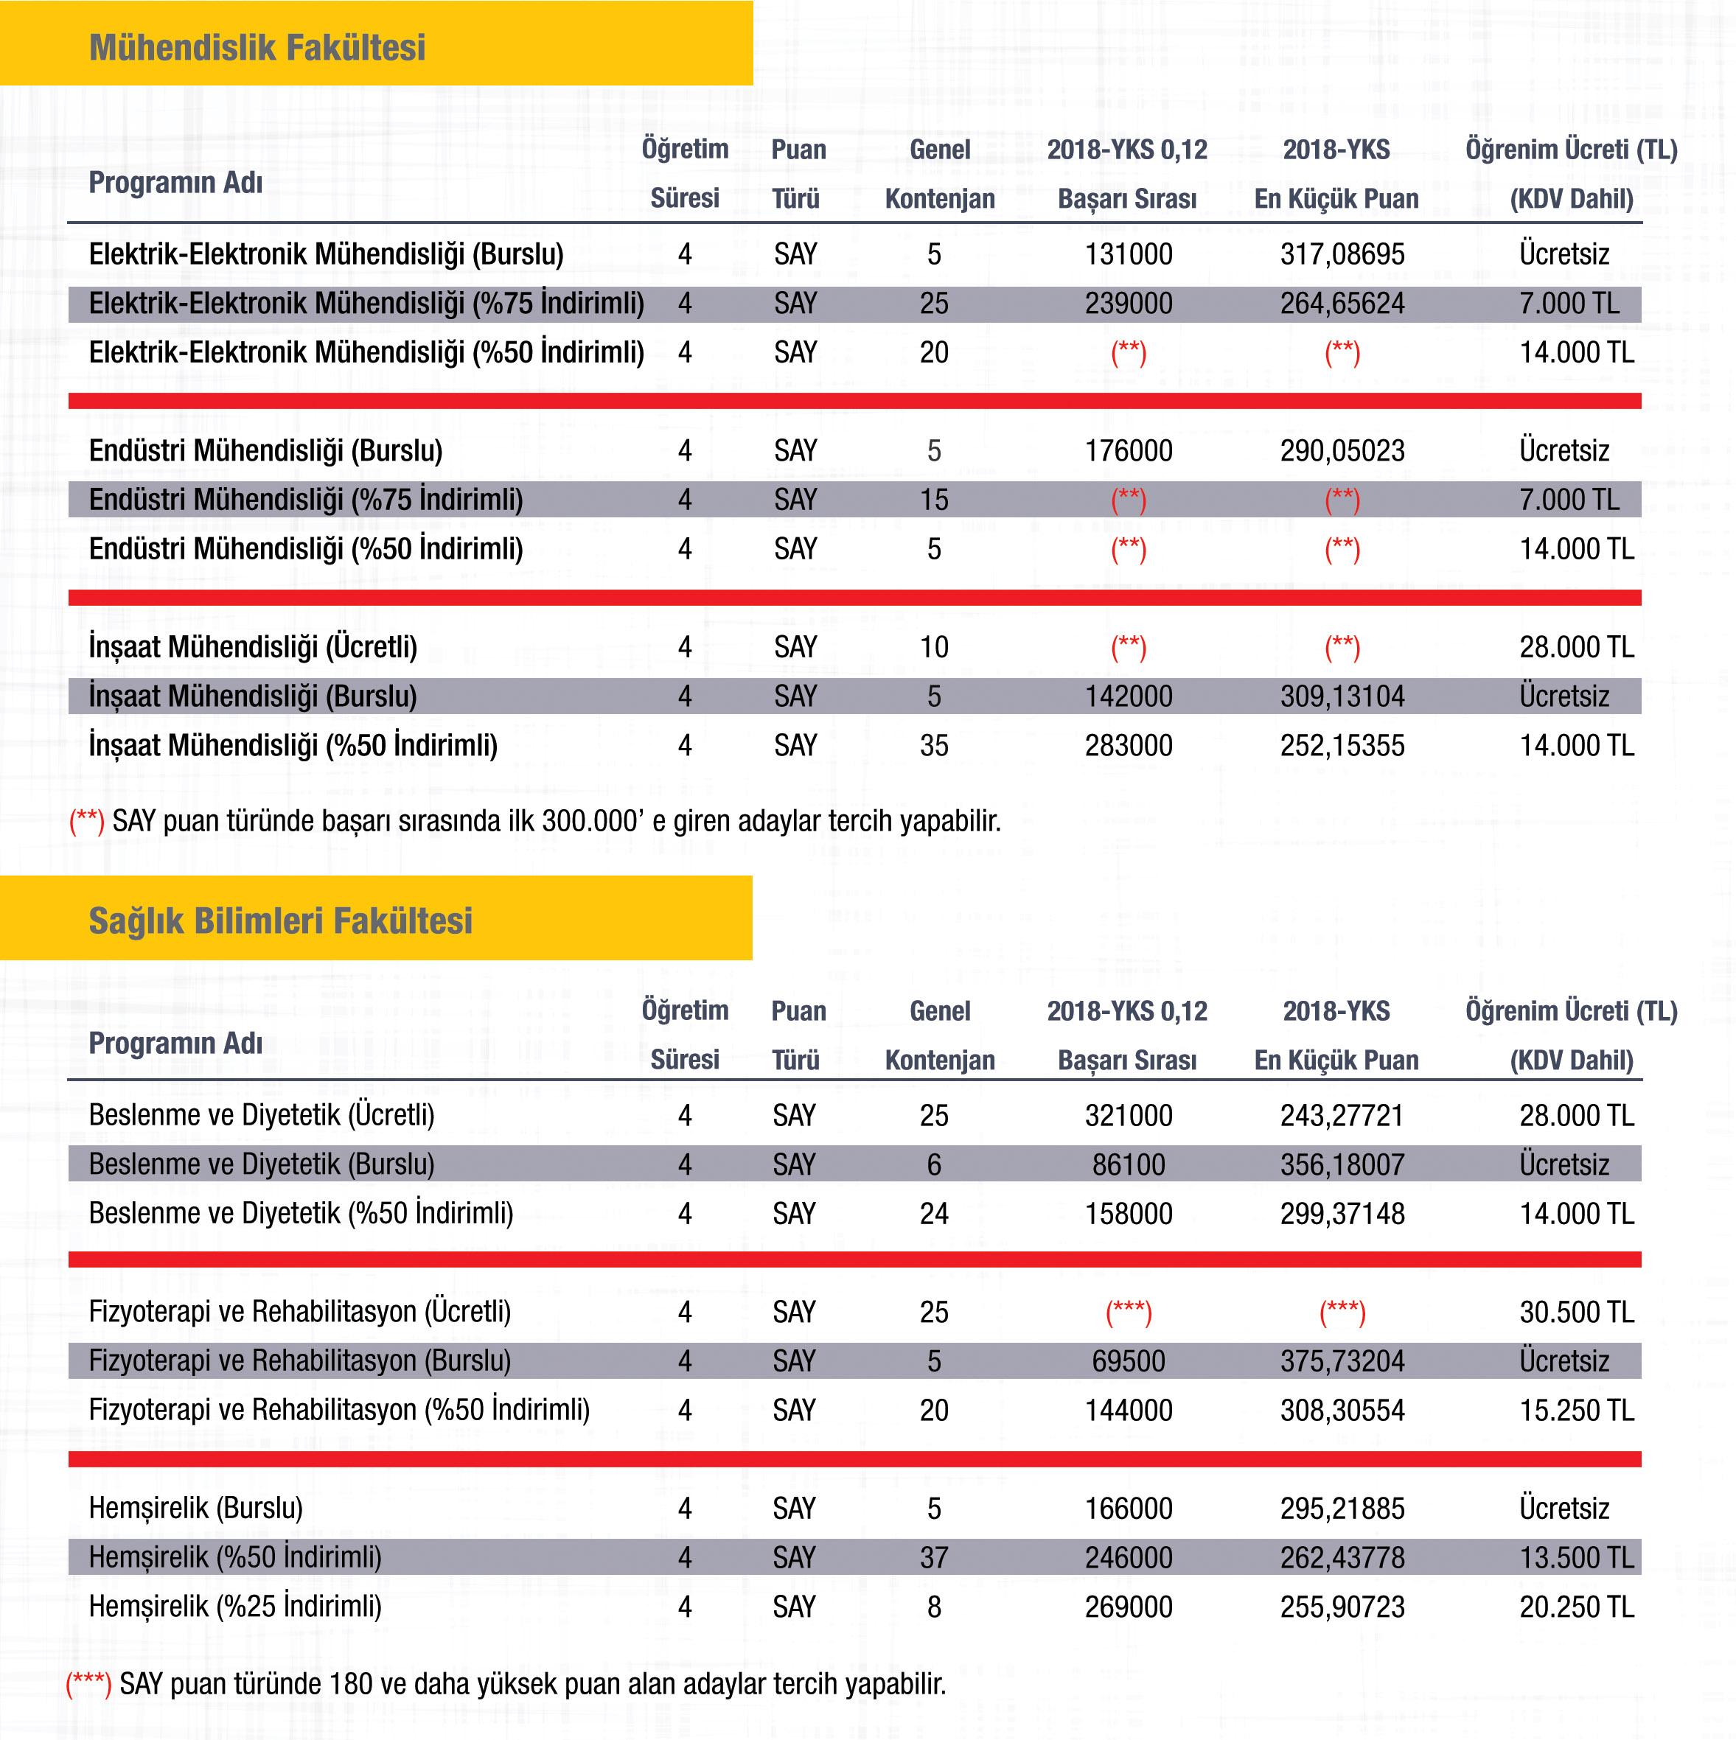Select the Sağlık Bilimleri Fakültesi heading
[280, 920]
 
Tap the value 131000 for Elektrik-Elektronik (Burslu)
[1128, 254]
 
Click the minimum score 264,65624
[1342, 304]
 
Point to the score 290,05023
[1342, 450]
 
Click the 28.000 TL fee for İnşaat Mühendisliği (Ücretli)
[1575, 646]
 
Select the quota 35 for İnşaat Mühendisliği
[933, 745]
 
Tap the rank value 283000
[1128, 745]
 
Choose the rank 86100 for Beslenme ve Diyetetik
[1128, 1164]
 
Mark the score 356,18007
[1342, 1164]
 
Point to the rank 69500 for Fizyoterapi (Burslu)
[1128, 1361]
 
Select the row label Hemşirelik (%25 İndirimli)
[235, 1606]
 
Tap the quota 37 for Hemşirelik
[933, 1557]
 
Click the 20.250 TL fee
[1575, 1606]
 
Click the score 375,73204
[1342, 1361]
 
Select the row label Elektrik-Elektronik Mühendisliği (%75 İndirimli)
[366, 304]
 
